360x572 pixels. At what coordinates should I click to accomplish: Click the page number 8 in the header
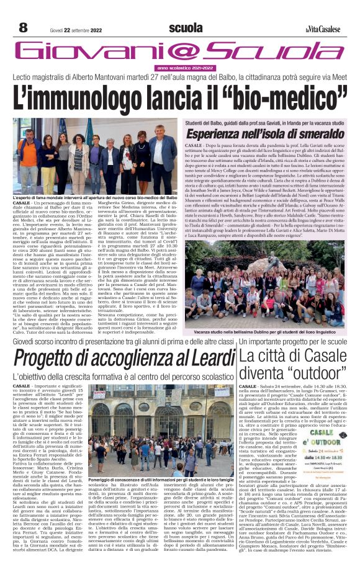coord(23,27)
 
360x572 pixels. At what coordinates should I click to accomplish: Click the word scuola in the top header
coord(183,28)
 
